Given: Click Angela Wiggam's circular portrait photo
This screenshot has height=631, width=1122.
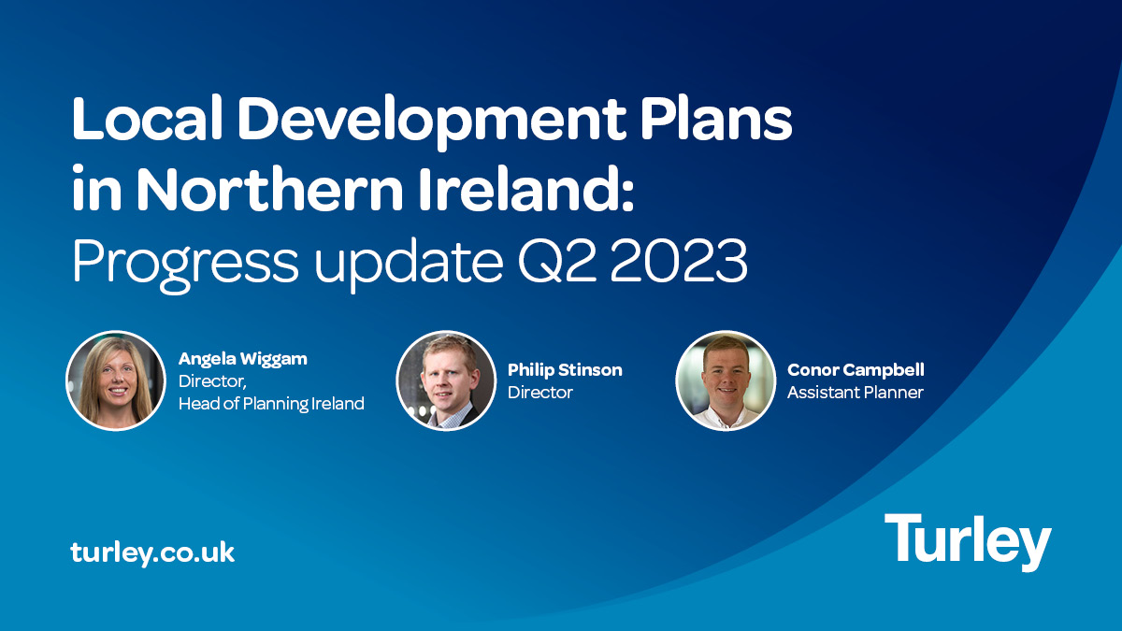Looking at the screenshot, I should point(115,380).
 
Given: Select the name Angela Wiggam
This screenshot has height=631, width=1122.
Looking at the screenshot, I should point(243,359).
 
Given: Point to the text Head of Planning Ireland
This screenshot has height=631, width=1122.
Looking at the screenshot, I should point(271,404).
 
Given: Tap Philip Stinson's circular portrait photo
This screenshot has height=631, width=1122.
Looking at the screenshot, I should point(446,380).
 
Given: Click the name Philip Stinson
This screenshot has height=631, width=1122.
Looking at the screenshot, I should point(565,370).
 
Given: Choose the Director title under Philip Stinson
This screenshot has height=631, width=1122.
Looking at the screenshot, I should point(540,393).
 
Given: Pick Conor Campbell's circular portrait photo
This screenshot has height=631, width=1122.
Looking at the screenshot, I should point(726,380).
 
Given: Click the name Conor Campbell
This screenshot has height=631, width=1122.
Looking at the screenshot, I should point(856,370).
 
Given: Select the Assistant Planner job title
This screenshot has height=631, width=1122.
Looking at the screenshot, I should point(856,393).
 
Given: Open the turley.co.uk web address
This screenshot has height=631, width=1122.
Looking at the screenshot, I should point(152,552).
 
